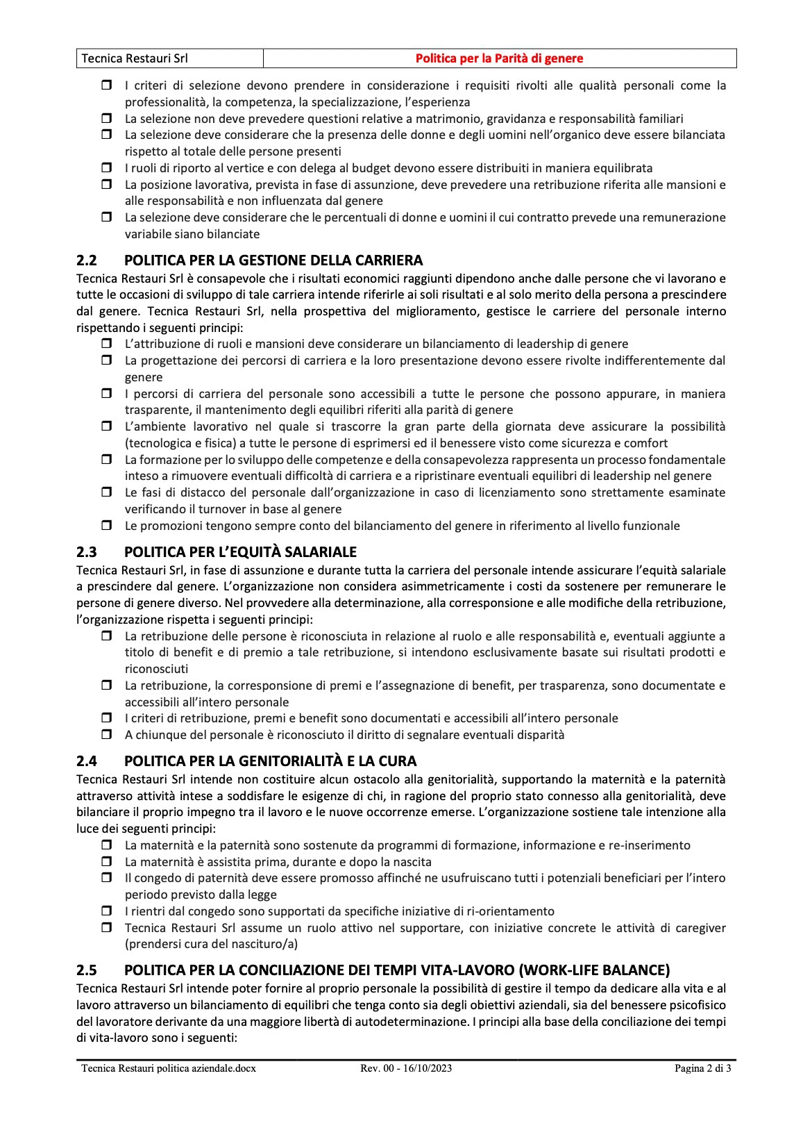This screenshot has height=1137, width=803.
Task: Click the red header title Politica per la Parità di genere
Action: tap(499, 58)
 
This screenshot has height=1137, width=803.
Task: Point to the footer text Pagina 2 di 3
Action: tap(702, 1068)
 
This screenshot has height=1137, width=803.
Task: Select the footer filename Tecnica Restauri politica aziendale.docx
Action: tap(168, 1068)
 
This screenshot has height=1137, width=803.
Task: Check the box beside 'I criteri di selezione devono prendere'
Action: tap(107, 86)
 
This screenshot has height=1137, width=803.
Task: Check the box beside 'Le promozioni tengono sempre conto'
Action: tap(107, 526)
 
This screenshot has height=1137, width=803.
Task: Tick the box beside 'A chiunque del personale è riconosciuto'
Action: tap(107, 735)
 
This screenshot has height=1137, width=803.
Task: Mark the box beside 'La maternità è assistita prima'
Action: tap(107, 862)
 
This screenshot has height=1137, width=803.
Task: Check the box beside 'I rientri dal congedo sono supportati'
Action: tap(107, 911)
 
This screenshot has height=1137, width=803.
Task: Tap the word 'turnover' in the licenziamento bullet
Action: tap(207, 509)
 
